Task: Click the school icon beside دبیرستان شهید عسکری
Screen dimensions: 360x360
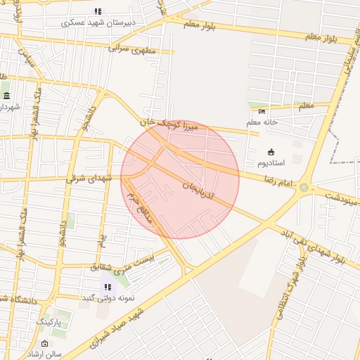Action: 98,11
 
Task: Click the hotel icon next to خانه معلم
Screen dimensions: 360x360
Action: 263,111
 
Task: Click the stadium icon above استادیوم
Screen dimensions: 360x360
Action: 271,152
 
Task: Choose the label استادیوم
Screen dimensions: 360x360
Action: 271,162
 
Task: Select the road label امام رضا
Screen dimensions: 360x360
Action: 277,181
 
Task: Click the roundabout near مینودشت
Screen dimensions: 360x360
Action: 304,187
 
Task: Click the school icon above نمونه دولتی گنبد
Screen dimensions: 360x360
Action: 108,286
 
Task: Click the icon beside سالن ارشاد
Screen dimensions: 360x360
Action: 46,344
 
